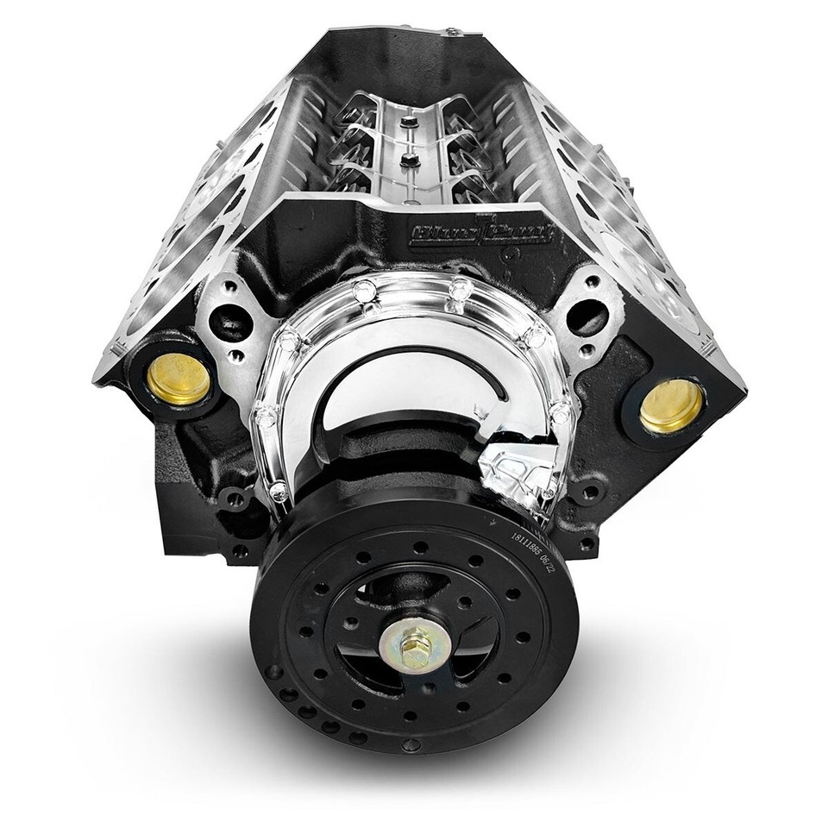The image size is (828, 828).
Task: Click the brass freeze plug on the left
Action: tap(179, 378)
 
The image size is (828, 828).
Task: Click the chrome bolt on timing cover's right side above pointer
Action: tap(562, 417)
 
